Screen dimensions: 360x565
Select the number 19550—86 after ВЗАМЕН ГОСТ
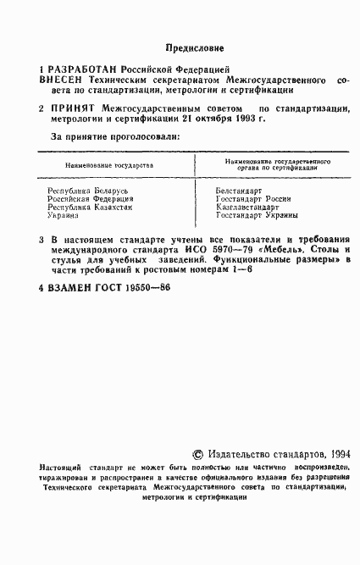(146, 287)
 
